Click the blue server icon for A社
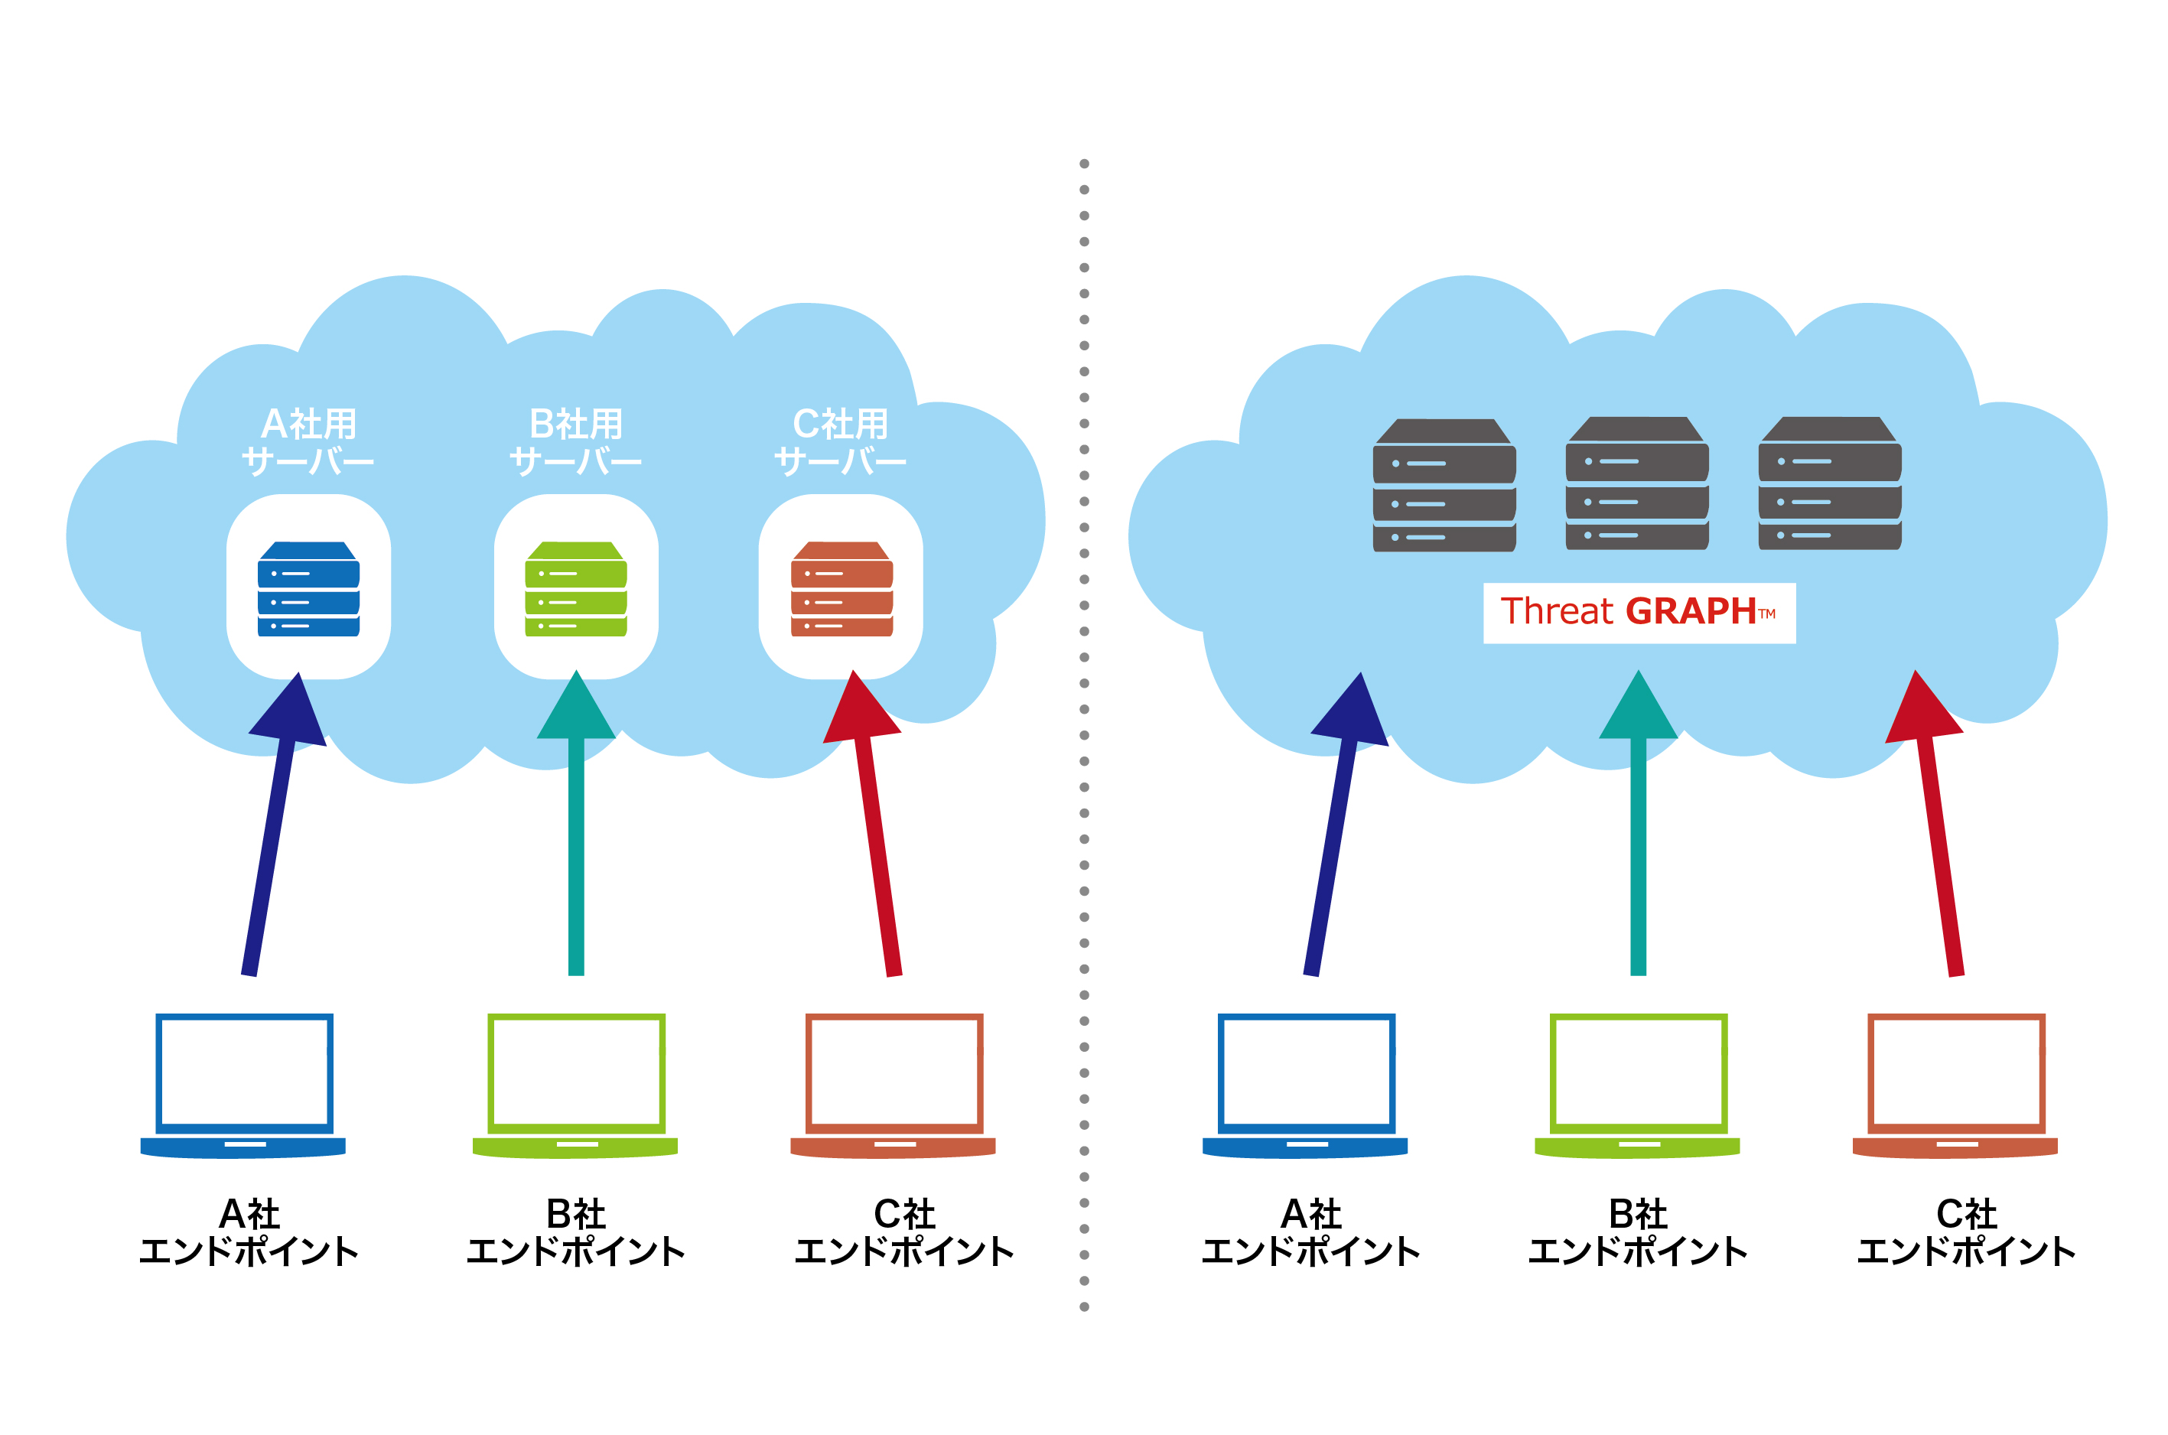pos(308,588)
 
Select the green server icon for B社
pos(575,588)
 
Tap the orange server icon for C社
pos(841,588)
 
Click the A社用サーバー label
pos(308,442)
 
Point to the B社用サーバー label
pos(575,442)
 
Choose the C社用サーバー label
pos(840,442)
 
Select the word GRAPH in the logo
pos(1691,611)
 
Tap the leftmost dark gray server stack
pos(1444,485)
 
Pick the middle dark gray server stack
pos(1637,483)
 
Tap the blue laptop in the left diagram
pos(243,1085)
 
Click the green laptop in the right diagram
pos(1637,1085)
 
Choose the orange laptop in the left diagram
pos(894,1085)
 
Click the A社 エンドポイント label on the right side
pos(1310,1232)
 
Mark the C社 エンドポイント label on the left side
pos(904,1232)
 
